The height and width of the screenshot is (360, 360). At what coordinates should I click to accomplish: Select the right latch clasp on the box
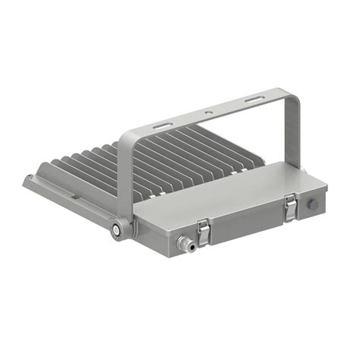(x=290, y=207)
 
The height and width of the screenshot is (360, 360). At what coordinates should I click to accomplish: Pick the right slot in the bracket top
(x=253, y=100)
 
